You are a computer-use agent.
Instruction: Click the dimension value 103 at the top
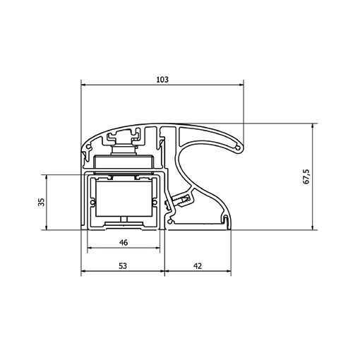tap(162, 80)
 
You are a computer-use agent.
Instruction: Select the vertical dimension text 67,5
tap(306, 176)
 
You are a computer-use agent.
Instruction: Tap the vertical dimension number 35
tap(42, 202)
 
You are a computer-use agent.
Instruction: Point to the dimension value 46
tap(123, 243)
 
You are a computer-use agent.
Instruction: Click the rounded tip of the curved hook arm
tap(241, 146)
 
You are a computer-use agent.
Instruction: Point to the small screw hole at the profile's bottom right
tap(224, 222)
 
